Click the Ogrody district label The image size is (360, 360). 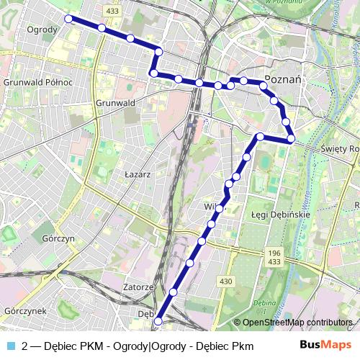tap(42, 30)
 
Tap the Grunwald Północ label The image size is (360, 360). tap(38, 82)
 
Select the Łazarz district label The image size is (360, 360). tap(137, 174)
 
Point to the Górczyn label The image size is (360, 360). tap(59, 238)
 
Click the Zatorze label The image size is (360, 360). tap(138, 287)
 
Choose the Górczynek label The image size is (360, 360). tap(25, 311)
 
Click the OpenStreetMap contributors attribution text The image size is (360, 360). tap(297, 323)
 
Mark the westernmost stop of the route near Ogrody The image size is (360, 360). tap(68, 19)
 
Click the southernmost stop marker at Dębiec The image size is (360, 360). tap(159, 323)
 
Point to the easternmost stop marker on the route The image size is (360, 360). tap(291, 138)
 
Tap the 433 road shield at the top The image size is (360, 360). tap(112, 12)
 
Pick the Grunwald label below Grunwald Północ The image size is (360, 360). tap(115, 103)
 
